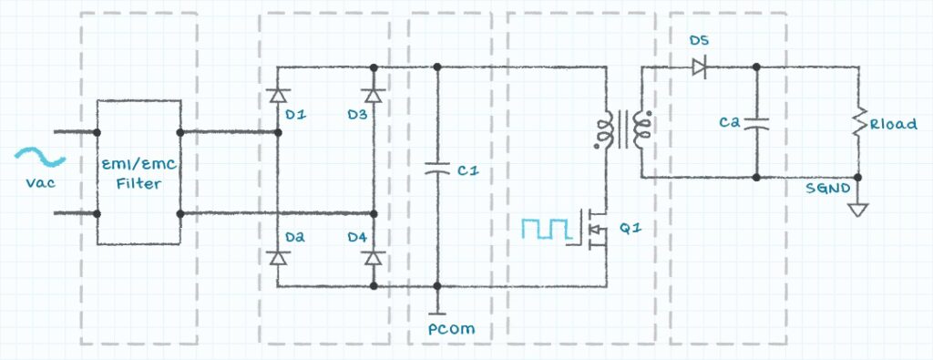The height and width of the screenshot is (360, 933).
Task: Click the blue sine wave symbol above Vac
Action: point(40,156)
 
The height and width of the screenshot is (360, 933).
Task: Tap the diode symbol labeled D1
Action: point(277,95)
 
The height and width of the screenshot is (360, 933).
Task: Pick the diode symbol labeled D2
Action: point(277,258)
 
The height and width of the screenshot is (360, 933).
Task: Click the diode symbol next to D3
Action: point(373,95)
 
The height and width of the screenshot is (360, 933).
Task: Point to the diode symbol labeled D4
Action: point(373,258)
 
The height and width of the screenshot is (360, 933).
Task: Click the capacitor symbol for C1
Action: point(437,170)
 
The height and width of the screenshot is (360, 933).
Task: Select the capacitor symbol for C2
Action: point(755,123)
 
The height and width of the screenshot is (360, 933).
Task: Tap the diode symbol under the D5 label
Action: point(699,67)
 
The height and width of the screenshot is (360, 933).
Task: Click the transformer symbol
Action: point(622,129)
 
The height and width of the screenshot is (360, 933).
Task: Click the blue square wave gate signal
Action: point(546,229)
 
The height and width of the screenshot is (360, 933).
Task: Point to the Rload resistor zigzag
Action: point(858,126)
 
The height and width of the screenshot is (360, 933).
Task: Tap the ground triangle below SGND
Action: point(858,210)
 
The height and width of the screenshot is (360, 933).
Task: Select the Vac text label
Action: point(40,182)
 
